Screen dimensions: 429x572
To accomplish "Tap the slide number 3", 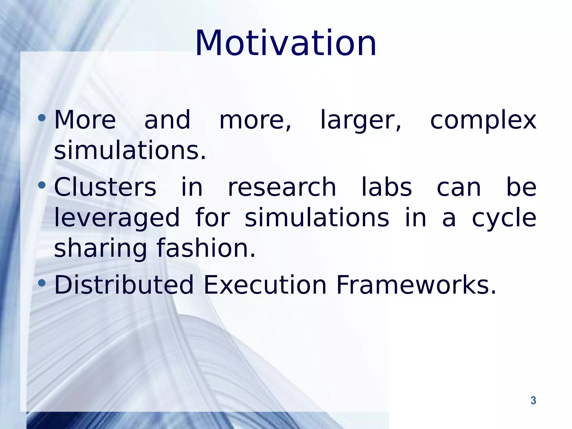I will (533, 401).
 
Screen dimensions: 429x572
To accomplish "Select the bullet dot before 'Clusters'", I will (42, 185).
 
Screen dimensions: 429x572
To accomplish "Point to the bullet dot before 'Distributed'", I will (42, 283).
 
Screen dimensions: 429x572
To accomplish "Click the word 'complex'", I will (483, 121).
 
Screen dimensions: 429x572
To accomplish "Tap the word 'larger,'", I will (361, 121).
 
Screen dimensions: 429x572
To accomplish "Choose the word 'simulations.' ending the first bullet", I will (130, 151).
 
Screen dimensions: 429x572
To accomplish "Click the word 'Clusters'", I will (105, 187).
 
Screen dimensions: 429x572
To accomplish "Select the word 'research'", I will (282, 187).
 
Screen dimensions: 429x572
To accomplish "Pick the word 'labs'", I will (387, 187).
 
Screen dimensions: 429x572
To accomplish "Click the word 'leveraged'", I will (117, 218).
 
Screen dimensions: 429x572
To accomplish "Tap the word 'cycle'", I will (504, 218).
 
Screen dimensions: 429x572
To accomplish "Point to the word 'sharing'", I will (100, 249).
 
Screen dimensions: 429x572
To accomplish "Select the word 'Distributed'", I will (124, 285).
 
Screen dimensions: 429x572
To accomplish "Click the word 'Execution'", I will (265, 285).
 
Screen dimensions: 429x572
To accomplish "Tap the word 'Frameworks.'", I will (416, 285).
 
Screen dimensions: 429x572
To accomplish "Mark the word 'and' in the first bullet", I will (167, 120).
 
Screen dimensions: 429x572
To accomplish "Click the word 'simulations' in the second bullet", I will (317, 218).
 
